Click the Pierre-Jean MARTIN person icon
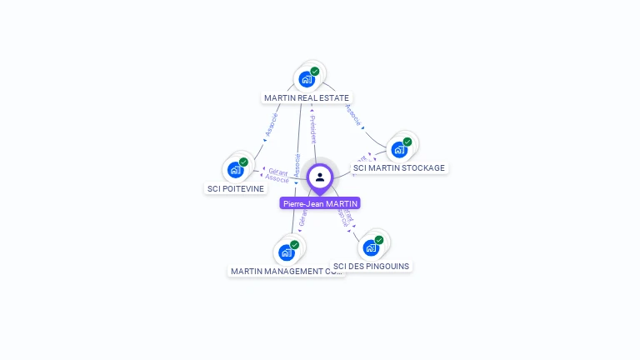[320, 177]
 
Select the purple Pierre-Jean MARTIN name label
[320, 203]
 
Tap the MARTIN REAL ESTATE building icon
[306, 80]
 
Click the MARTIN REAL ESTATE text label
[307, 98]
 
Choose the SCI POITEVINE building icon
[235, 170]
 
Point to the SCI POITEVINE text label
[235, 188]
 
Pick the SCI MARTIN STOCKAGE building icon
[399, 150]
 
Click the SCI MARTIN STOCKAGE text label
[399, 168]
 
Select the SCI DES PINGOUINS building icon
[371, 247]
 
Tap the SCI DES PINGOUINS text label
[371, 267]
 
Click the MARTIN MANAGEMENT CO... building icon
[287, 252]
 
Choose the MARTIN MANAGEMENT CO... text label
[287, 272]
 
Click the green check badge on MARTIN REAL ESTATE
[315, 72]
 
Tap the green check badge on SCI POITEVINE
[243, 162]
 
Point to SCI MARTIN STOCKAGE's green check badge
[407, 142]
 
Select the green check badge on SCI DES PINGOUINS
[379, 240]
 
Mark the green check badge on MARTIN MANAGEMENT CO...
[295, 245]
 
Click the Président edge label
[312, 129]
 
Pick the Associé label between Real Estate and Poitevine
[271, 125]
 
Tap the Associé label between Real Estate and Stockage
[353, 115]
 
